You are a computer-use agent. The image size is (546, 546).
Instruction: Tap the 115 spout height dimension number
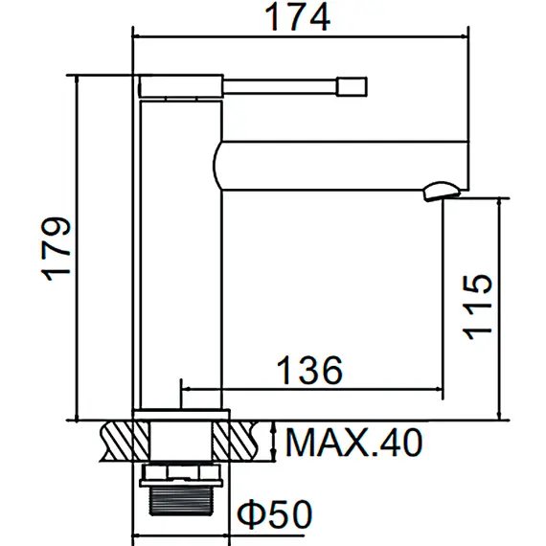tap(476, 306)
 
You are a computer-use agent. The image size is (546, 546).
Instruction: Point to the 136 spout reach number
tap(308, 370)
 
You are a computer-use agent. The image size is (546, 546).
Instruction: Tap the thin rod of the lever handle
tap(284, 87)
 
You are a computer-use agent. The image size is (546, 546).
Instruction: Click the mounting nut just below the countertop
tap(181, 471)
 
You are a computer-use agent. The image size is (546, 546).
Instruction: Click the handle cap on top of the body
tap(182, 88)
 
